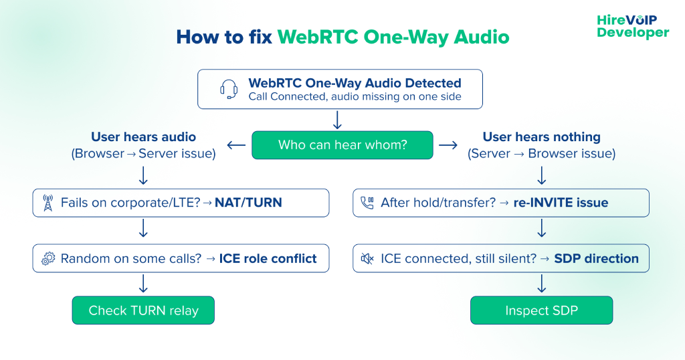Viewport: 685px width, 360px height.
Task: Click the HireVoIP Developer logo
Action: click(632, 26)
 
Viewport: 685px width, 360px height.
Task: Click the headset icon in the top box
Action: click(229, 89)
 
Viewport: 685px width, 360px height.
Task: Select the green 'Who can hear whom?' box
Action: click(342, 145)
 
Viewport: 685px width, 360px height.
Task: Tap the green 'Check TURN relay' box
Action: click(143, 310)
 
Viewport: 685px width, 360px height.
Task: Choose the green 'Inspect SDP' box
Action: click(541, 310)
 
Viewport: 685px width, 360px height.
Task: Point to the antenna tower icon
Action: click(47, 203)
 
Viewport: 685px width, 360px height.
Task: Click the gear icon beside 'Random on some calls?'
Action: click(47, 259)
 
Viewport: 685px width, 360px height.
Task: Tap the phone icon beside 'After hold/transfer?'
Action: click(367, 203)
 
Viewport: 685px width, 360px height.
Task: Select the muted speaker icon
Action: click(367, 259)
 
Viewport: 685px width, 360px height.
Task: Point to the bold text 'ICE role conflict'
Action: click(268, 258)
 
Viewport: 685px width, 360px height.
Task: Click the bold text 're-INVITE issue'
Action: click(561, 203)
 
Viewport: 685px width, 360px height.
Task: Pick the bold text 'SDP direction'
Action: click(596, 258)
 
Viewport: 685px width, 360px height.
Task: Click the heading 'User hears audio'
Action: click(143, 137)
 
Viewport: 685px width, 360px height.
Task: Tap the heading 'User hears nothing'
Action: click(541, 137)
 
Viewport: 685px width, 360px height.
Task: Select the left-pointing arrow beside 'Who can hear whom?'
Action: click(236, 145)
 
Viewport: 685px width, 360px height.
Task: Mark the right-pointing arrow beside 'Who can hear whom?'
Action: click(448, 145)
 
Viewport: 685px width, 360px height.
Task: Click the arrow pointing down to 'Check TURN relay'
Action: click(143, 284)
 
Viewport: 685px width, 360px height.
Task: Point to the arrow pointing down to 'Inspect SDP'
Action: click(541, 284)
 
